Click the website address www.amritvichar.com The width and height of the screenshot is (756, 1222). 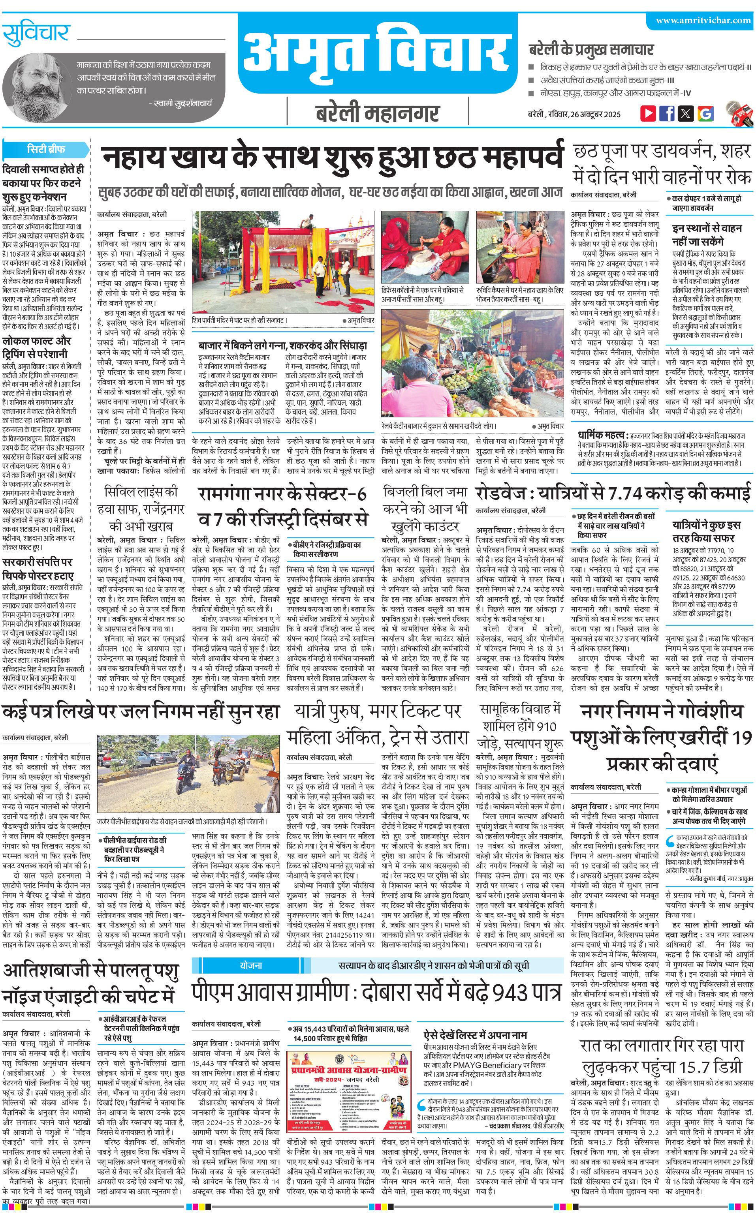pyautogui.click(x=703, y=21)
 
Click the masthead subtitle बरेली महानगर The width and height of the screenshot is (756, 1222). pyautogui.click(x=378, y=113)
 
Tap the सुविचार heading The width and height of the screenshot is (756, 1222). pyautogui.click(x=36, y=34)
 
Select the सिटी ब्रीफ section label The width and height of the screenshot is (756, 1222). pyautogui.click(x=46, y=149)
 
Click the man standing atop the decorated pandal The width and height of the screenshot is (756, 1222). pyautogui.click(x=306, y=221)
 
